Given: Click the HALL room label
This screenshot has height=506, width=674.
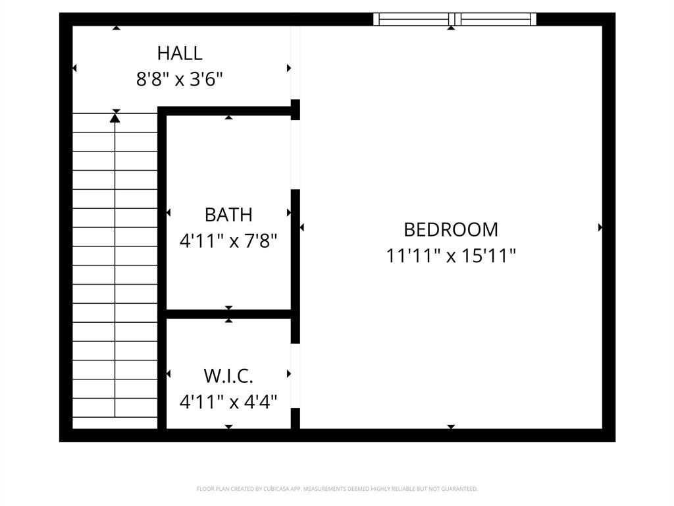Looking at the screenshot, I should coord(179,53).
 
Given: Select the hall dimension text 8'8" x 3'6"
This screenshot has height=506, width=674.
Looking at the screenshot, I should coord(179,80).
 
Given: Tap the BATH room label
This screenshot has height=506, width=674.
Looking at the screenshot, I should coord(228,215).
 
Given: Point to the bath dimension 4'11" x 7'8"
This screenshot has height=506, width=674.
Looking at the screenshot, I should coord(228,240).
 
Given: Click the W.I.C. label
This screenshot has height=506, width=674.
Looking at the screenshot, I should coord(228,376).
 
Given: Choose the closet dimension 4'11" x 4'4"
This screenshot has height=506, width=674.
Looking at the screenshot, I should coord(228,401).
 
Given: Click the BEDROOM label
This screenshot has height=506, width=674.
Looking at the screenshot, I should coord(451,229).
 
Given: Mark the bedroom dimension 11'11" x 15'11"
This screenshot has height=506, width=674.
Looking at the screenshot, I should coord(451,255).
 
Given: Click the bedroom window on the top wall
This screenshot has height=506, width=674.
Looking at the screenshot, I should coord(455,19).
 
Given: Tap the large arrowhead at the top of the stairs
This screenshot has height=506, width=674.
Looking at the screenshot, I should coord(115,118).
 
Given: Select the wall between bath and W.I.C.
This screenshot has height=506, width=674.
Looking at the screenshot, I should coord(228,314).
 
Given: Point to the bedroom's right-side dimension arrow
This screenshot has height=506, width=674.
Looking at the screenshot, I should coord(600,227).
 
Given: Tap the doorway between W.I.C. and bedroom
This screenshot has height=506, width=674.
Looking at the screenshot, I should coord(296,376).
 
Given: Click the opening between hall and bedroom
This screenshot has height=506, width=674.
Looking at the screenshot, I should coord(296,63).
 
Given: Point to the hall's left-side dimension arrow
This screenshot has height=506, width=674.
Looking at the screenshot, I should coord(74,68).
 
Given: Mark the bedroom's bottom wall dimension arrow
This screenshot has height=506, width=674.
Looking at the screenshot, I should coord(451,427).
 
